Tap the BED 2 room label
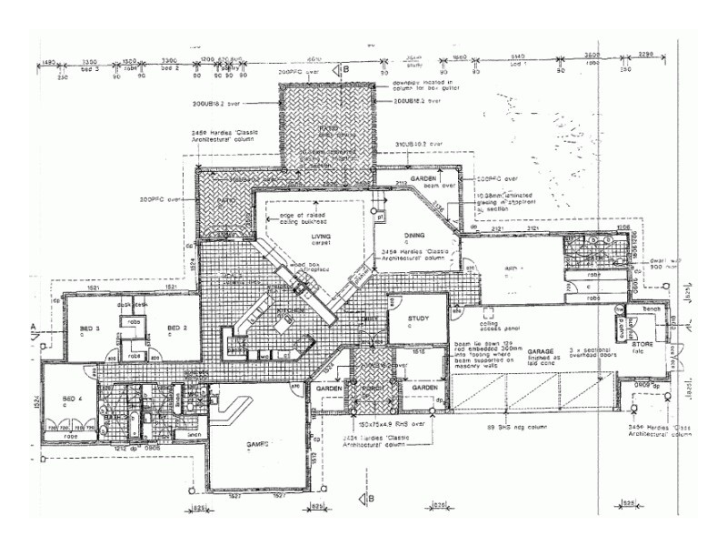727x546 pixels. pos(176,328)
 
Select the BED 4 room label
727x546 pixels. pos(73,399)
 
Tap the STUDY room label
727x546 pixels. pos(418,318)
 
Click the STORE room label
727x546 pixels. pos(643,344)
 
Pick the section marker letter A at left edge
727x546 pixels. pos(35,325)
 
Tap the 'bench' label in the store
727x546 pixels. pos(652,309)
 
